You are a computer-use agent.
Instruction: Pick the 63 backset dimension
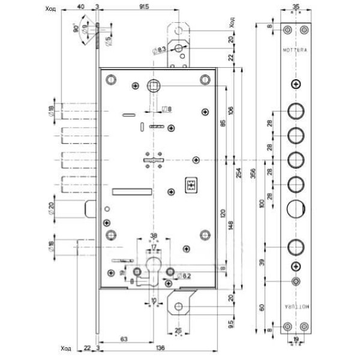point(123,340)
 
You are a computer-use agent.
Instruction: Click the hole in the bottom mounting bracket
point(179,307)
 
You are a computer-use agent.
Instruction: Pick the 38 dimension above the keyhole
point(154,235)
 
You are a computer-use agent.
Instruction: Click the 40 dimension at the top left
point(80,8)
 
